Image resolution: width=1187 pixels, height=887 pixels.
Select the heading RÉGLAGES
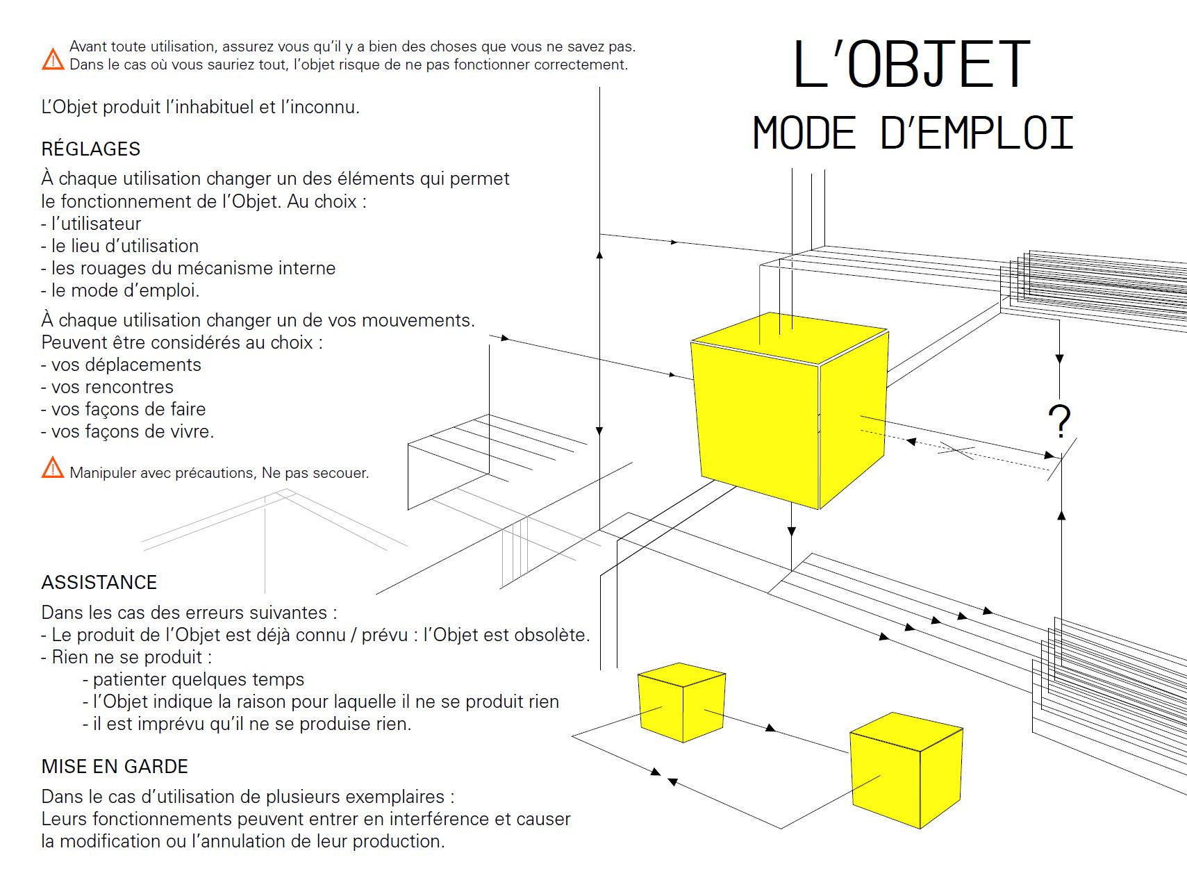pyautogui.click(x=91, y=149)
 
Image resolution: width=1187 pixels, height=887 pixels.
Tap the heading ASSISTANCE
pyautogui.click(x=99, y=583)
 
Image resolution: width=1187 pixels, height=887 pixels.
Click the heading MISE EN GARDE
pyautogui.click(x=115, y=767)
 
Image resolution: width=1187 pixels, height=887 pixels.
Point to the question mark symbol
pyautogui.click(x=1059, y=421)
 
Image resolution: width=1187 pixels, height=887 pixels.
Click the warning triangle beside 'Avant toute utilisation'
pyautogui.click(x=53, y=60)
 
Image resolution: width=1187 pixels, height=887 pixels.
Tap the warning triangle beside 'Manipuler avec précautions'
pyautogui.click(x=53, y=468)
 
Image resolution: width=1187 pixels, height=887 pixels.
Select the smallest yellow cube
pyautogui.click(x=681, y=702)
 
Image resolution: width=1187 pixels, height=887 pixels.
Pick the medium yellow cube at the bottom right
pyautogui.click(x=906, y=770)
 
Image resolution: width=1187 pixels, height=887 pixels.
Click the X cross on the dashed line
pyautogui.click(x=957, y=450)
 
